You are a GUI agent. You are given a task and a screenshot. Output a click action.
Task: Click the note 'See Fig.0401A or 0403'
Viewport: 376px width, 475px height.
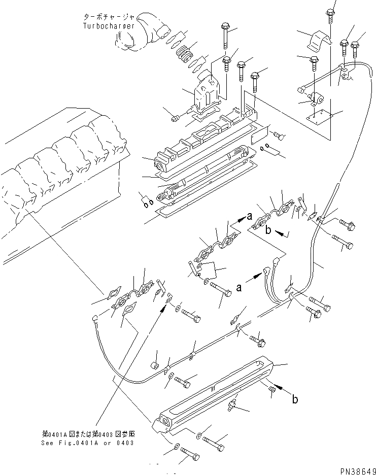click(x=88, y=443)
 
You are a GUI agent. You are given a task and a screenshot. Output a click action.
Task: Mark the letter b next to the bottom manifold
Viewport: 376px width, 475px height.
click(x=295, y=400)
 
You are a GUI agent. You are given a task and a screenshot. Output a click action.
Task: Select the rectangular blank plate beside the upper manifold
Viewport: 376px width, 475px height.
click(x=259, y=134)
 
